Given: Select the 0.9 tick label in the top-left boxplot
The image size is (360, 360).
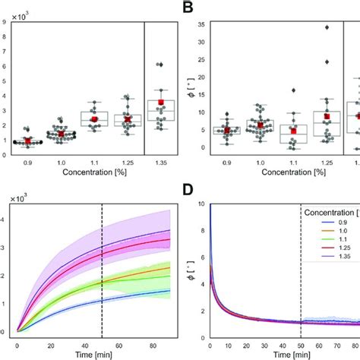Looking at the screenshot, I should (x=28, y=162).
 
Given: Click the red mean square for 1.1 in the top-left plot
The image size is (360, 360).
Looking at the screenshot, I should (x=94, y=119).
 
